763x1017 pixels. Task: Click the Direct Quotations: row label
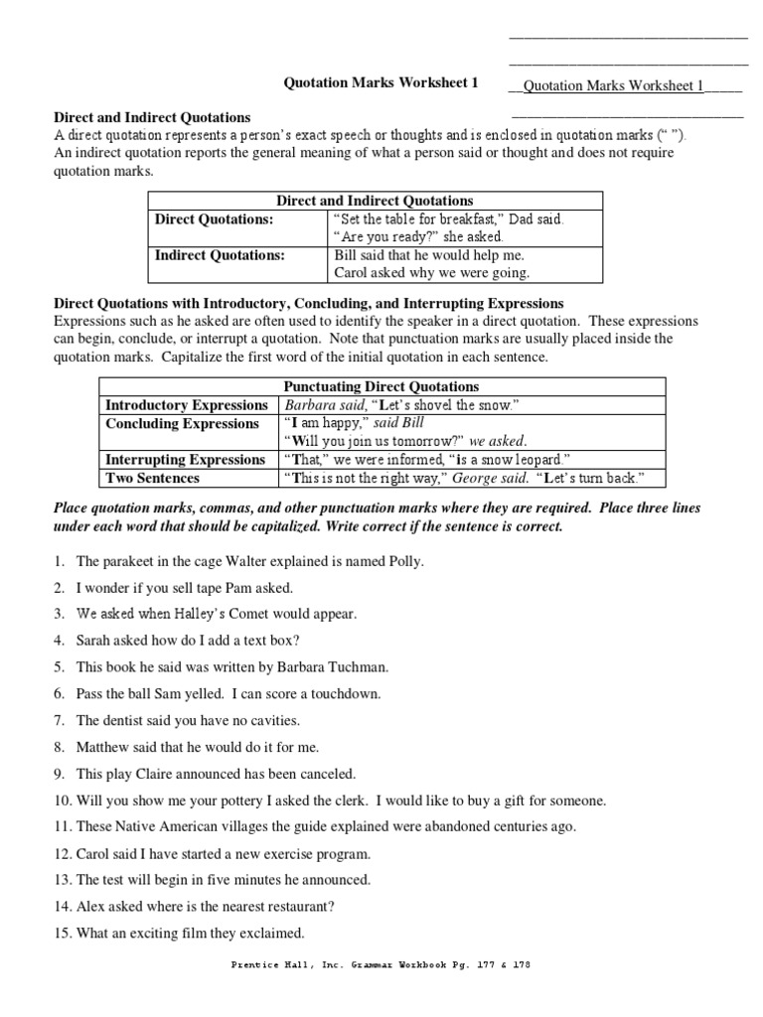pos(213,218)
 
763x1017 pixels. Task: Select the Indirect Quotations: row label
pos(220,254)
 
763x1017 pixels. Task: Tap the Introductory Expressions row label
pos(187,405)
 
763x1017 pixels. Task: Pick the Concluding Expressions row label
pos(182,423)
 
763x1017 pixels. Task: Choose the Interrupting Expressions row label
pos(186,460)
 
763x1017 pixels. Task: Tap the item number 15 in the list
pos(62,933)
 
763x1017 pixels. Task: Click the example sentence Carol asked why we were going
pos(431,272)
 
